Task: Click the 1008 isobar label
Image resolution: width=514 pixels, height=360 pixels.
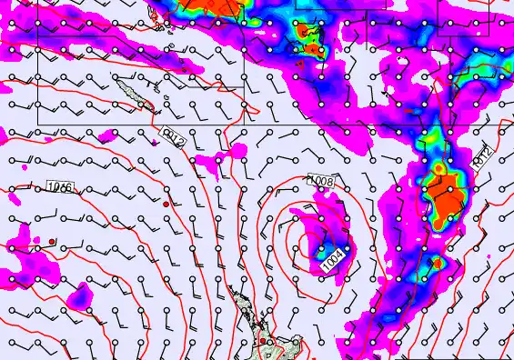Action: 321,183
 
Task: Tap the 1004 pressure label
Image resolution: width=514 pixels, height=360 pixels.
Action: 333,259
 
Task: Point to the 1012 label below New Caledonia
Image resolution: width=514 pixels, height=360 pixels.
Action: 174,137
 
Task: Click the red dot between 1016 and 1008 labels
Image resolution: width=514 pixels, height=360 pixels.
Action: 166,205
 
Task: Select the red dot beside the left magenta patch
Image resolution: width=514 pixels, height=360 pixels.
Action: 53,241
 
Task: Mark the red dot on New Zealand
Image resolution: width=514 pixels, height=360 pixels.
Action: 262,341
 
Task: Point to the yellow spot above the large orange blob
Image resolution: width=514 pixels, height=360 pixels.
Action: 440,168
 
